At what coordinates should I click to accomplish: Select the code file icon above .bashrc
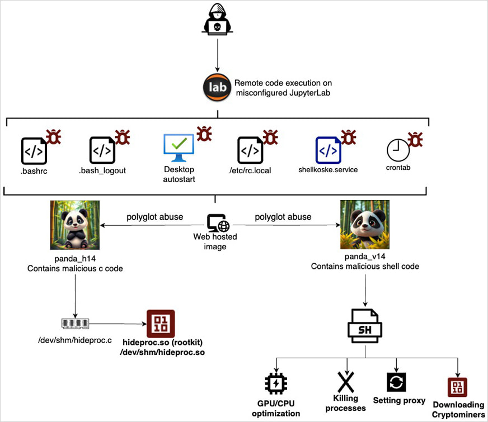(x=34, y=150)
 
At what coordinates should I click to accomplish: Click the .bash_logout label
(x=102, y=170)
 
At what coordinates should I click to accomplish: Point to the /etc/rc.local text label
(x=251, y=170)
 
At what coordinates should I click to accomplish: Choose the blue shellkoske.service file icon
(x=328, y=150)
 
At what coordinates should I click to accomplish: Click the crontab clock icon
(x=398, y=150)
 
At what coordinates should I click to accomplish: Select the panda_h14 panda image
(x=75, y=225)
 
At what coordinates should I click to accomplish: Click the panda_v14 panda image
(x=365, y=225)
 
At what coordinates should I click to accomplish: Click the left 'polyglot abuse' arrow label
(x=154, y=216)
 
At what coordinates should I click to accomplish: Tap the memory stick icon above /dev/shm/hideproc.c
(x=75, y=323)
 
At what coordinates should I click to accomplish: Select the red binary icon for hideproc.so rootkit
(x=161, y=324)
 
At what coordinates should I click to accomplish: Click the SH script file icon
(x=365, y=324)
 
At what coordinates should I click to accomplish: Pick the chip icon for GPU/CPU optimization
(x=275, y=384)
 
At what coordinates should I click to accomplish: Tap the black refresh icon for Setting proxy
(x=396, y=382)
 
